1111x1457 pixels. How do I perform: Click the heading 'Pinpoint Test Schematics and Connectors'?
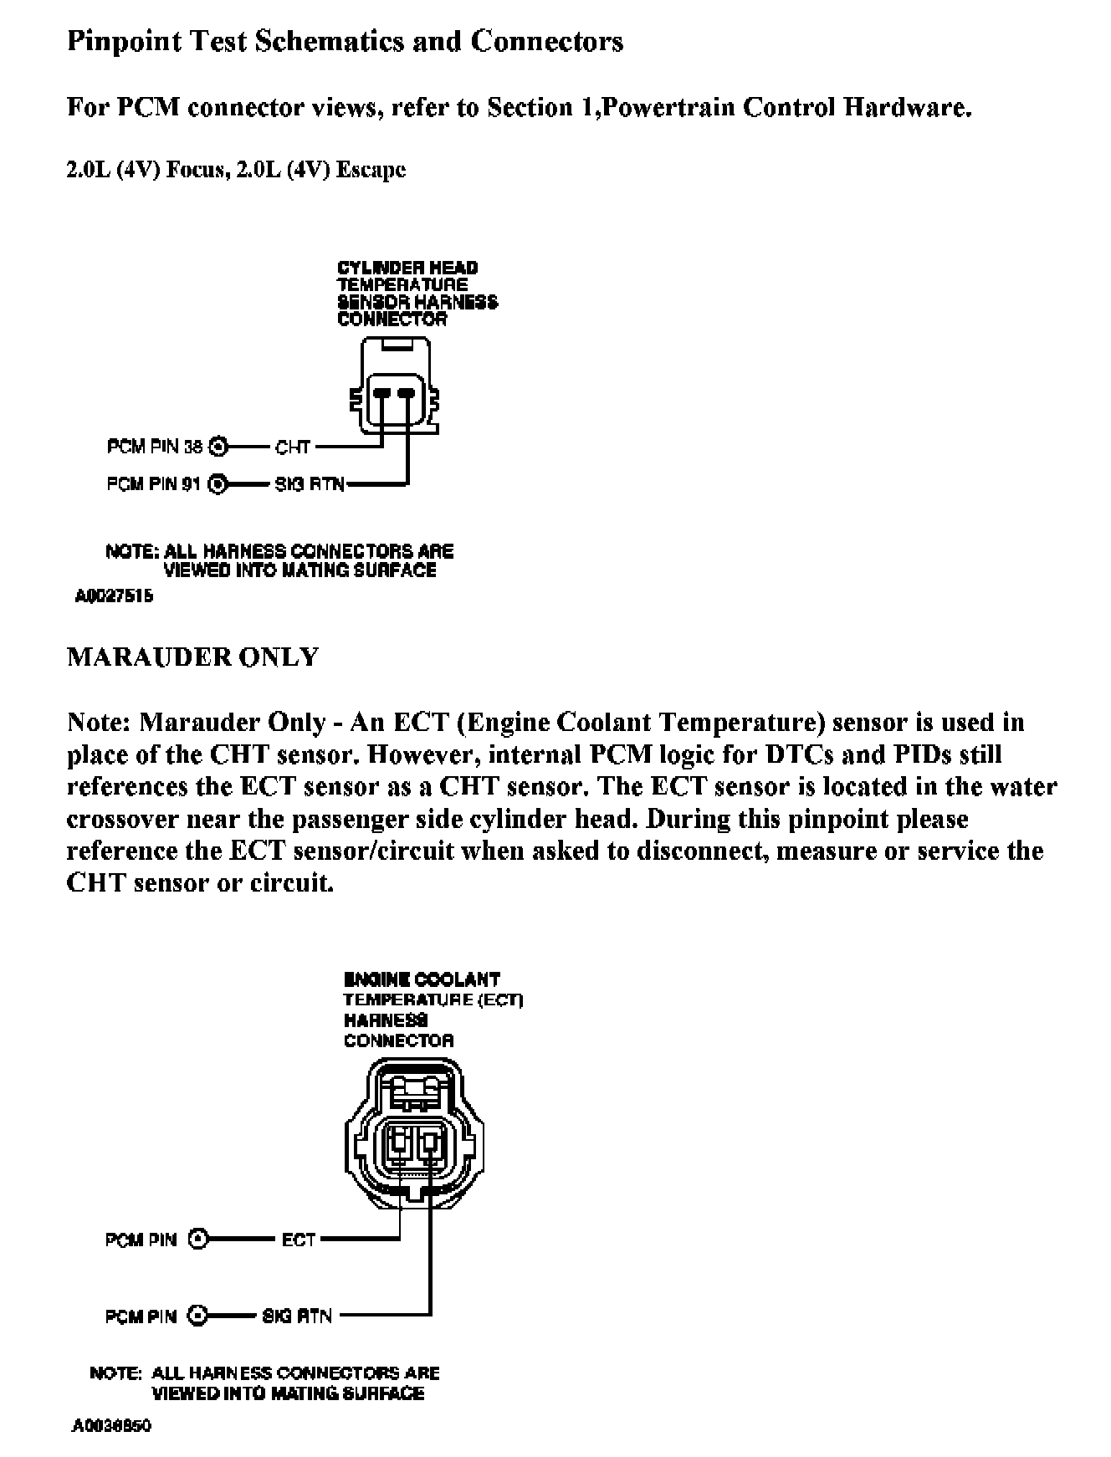tap(345, 42)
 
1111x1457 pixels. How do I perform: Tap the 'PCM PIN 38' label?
tap(155, 447)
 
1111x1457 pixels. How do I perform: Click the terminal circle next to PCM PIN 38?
tap(218, 447)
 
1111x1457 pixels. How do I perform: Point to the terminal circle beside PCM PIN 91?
tap(218, 483)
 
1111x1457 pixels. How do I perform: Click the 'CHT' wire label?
tap(293, 447)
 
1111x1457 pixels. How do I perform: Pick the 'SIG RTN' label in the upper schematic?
tap(310, 483)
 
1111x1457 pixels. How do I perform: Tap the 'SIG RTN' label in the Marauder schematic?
tap(297, 1316)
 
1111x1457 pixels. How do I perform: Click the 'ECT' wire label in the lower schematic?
tap(299, 1240)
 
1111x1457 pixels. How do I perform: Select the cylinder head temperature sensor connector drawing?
tap(394, 386)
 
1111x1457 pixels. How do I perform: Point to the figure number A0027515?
tap(114, 597)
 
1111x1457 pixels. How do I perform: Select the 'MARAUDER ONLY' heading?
tap(192, 657)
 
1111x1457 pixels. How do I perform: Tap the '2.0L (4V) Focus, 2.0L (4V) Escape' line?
tap(236, 170)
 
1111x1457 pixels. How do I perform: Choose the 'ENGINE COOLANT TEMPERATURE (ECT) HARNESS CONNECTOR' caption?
tap(433, 1010)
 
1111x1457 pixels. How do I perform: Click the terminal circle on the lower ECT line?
tap(198, 1240)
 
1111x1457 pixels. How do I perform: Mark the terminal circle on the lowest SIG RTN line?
tap(198, 1316)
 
